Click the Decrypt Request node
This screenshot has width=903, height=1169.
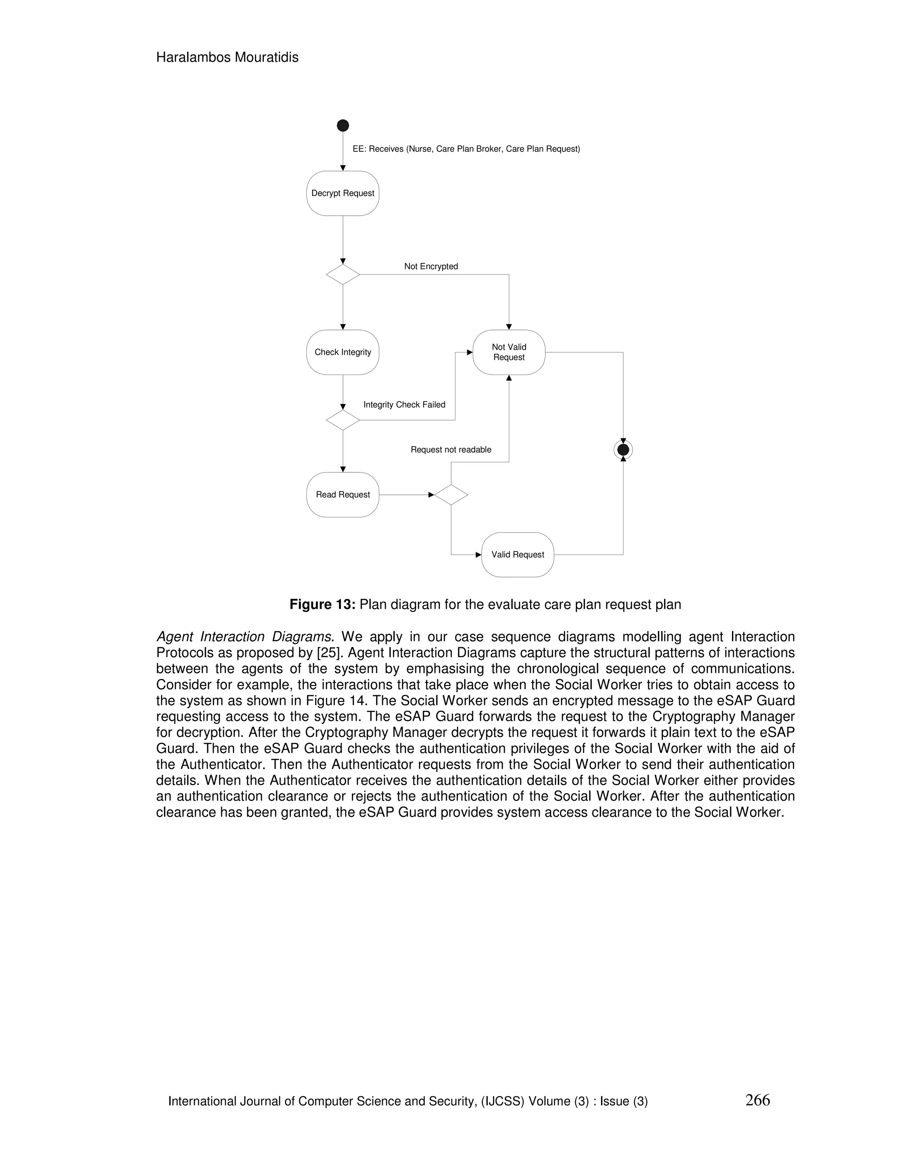click(342, 193)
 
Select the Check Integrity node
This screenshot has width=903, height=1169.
click(342, 352)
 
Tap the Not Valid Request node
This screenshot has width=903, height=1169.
click(509, 352)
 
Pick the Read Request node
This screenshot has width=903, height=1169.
click(342, 495)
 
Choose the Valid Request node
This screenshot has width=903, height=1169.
click(517, 555)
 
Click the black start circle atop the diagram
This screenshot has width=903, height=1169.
click(343, 126)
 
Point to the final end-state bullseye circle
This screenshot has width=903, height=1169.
click(623, 450)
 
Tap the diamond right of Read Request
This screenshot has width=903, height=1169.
click(451, 495)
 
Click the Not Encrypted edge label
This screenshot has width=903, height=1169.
click(431, 266)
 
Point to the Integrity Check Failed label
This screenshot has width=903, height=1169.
click(404, 405)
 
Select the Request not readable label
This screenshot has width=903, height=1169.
click(451, 450)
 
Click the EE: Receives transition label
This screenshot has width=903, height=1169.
click(466, 149)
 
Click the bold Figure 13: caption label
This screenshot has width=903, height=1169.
click(322, 604)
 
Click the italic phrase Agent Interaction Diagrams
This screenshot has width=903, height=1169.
click(243, 637)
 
